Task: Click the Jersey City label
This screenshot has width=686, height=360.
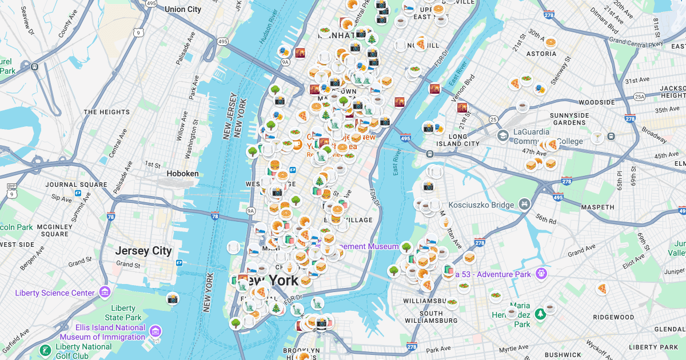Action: click(143, 251)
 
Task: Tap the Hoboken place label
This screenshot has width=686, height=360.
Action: click(183, 173)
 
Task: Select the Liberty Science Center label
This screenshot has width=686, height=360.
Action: click(55, 293)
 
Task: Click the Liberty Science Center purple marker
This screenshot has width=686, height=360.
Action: click(104, 292)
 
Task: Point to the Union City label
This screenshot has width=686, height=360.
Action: click(183, 9)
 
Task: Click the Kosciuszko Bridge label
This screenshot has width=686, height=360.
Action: click(481, 204)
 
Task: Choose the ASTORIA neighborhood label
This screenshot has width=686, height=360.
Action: click(543, 54)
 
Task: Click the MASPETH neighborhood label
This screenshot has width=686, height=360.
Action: click(598, 207)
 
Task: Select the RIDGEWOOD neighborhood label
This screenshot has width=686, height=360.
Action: click(613, 317)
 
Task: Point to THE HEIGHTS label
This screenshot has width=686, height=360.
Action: click(107, 112)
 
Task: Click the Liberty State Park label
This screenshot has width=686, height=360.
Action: click(123, 313)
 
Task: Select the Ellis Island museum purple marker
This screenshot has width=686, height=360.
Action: click(155, 331)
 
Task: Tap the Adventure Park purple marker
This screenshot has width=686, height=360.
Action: click(540, 274)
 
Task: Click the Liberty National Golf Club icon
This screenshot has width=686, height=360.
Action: click(44, 350)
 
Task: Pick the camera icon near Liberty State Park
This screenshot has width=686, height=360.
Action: click(173, 299)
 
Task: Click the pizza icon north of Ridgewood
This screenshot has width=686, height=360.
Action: click(601, 289)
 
